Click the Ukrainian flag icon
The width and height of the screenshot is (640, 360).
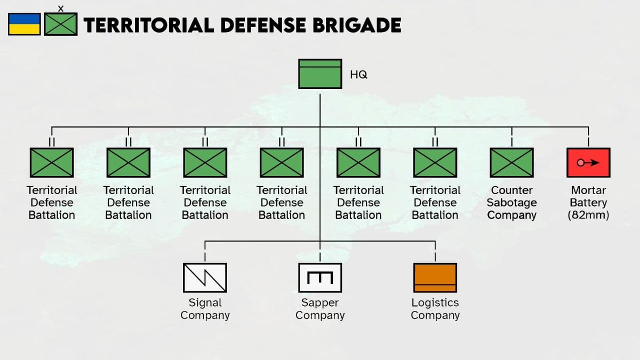(x=25, y=25)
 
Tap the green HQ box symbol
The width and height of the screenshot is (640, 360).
(x=319, y=74)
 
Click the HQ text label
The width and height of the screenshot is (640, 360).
(x=358, y=75)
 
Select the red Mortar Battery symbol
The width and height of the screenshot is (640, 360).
(x=588, y=163)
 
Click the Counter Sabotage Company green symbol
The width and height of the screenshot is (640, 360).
(x=511, y=163)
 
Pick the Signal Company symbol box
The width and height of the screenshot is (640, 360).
(x=205, y=278)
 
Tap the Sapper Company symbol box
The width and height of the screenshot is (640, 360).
(x=320, y=278)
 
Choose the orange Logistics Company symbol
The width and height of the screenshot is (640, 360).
(x=435, y=278)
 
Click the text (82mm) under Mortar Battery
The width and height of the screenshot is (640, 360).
(x=589, y=215)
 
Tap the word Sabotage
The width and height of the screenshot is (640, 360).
(x=512, y=203)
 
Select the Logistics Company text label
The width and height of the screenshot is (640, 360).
(x=435, y=309)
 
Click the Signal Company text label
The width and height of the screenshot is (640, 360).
(x=205, y=309)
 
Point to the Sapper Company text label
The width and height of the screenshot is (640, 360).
(x=320, y=309)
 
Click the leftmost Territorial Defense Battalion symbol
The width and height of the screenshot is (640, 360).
(x=52, y=163)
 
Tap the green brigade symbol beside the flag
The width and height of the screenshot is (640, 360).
(x=61, y=25)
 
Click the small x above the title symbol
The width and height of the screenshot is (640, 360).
(x=60, y=8)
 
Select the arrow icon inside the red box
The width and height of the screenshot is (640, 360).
(x=588, y=163)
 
